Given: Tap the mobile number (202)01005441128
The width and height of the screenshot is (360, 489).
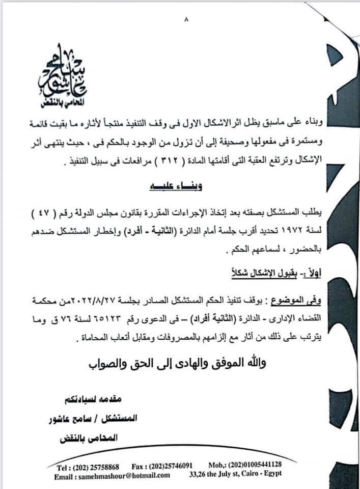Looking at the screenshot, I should tap(258, 466).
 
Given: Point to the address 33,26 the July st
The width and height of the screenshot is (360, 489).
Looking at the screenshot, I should tap(235, 476).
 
